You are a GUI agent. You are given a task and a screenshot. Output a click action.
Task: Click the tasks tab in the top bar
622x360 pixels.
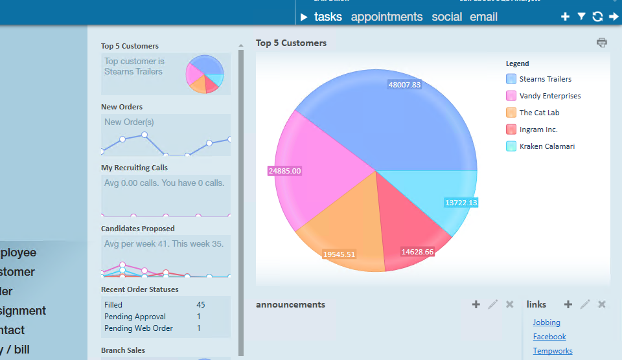[328, 17]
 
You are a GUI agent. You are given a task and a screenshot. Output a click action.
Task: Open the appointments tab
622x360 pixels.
[386, 17]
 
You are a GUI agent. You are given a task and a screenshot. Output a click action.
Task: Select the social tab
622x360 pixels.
[446, 17]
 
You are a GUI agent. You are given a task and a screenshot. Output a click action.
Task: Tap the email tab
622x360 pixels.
[483, 17]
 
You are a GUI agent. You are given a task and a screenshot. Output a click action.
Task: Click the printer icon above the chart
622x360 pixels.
[602, 43]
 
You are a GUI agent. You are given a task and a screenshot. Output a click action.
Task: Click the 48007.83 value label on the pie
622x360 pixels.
[404, 85]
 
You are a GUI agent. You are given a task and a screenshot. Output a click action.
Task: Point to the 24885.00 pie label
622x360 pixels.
[284, 171]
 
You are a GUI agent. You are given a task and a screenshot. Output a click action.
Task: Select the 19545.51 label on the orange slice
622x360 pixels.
[339, 254]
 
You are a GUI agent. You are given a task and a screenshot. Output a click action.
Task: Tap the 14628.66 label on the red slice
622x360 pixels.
[417, 252]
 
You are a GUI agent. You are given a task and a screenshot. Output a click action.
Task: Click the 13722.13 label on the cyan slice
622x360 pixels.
[461, 203]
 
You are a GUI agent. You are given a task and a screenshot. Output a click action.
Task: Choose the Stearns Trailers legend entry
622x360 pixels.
[545, 79]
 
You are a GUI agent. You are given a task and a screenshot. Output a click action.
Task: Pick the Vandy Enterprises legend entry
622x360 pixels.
[549, 96]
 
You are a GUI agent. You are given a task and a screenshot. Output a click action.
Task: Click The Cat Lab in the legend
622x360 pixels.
[539, 113]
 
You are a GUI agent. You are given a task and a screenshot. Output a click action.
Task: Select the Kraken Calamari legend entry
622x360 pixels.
[547, 146]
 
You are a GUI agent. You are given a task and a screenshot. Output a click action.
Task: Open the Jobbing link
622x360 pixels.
[546, 322]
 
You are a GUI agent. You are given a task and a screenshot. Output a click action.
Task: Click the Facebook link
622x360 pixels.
[549, 337]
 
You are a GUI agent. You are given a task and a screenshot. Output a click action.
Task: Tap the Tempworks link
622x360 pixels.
[553, 351]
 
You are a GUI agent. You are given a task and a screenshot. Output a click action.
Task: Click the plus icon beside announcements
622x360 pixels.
[476, 304]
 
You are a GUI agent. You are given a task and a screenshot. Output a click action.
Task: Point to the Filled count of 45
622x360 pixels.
[200, 305]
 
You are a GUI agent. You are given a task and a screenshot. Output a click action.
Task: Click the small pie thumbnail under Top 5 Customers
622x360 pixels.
[205, 74]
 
